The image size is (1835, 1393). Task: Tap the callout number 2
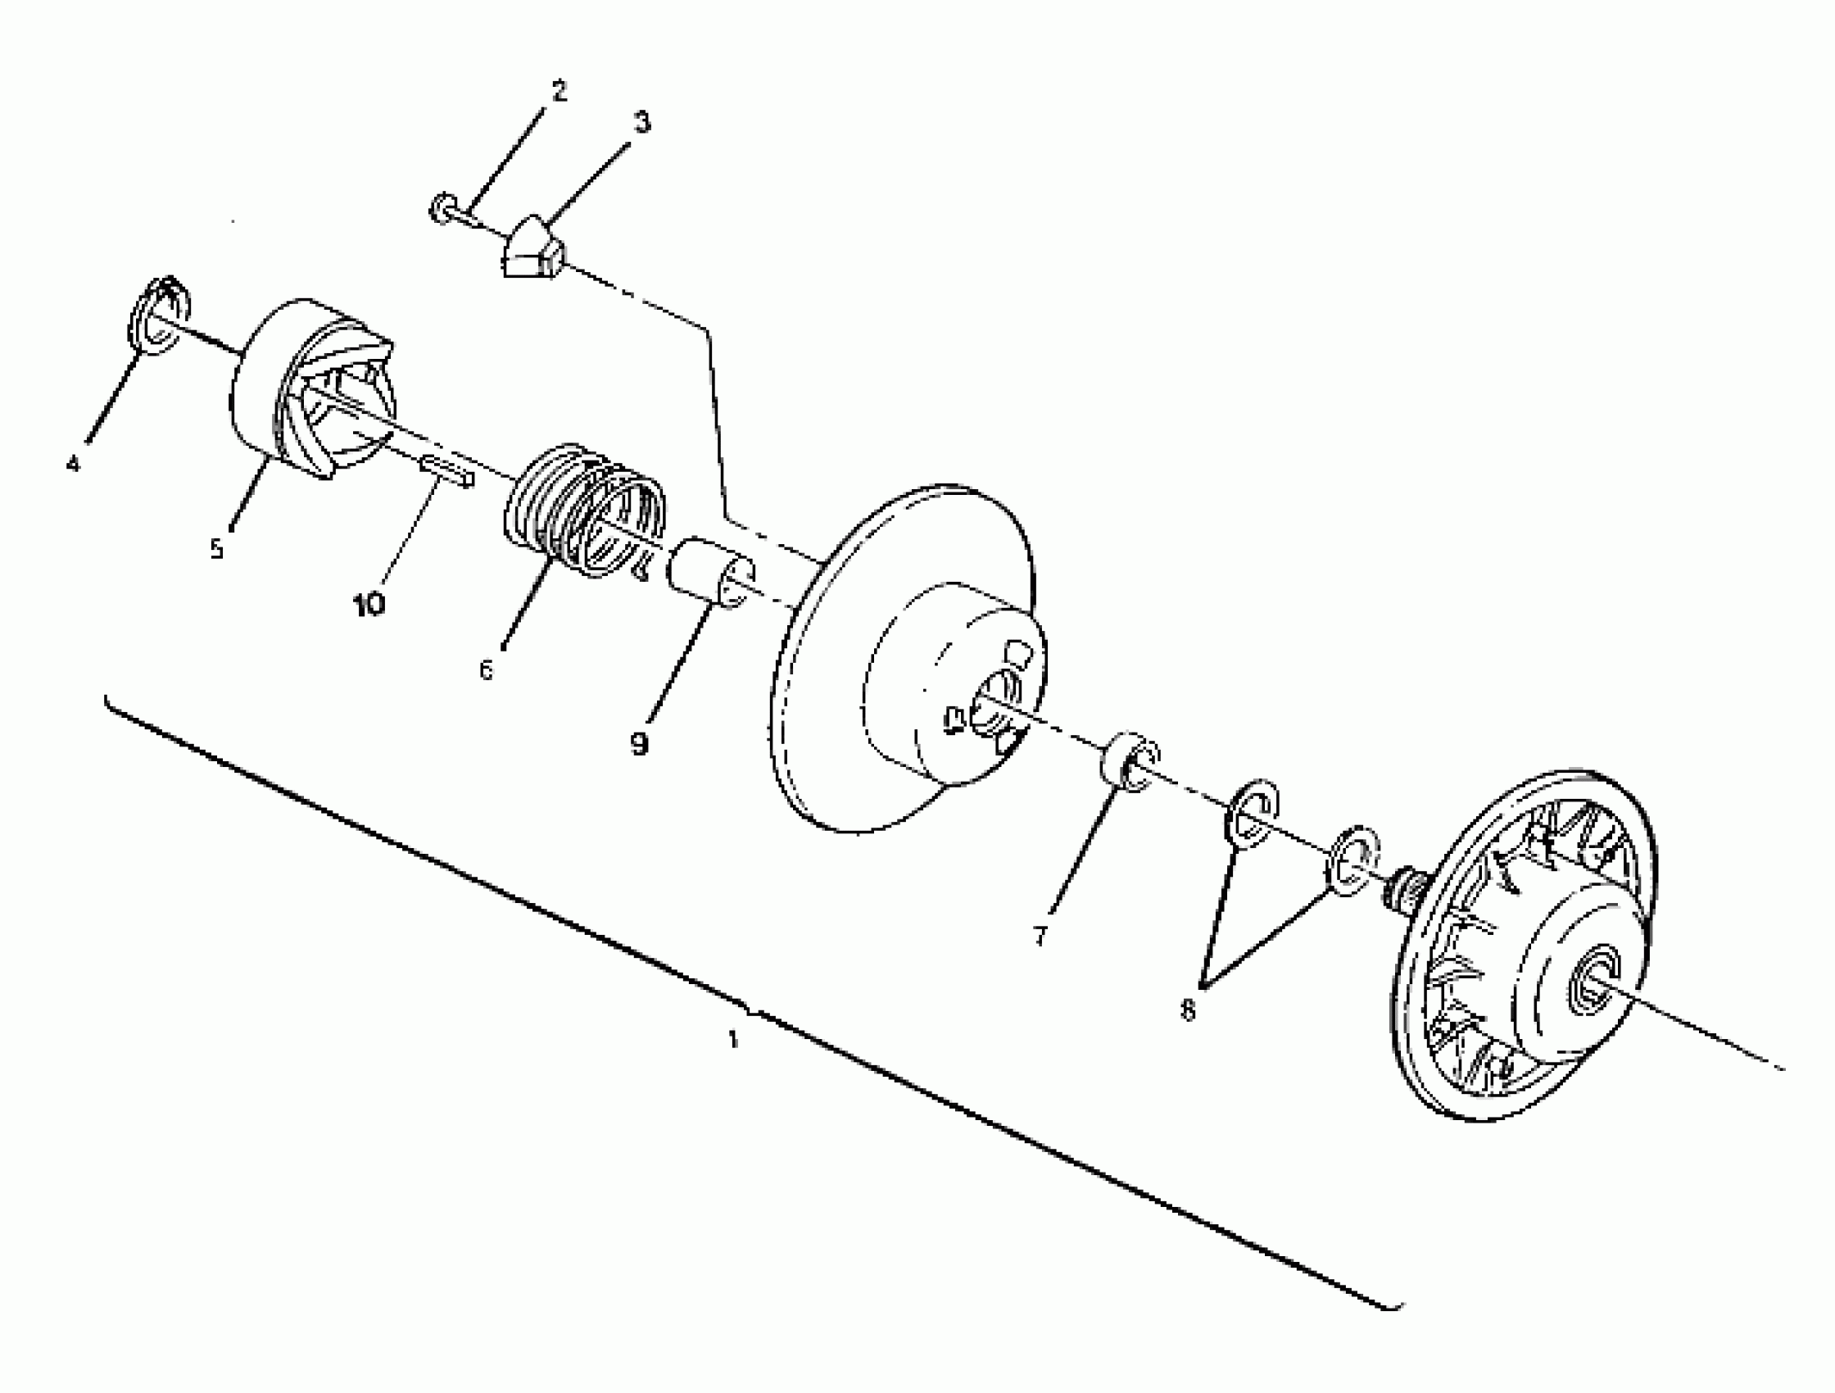tap(560, 90)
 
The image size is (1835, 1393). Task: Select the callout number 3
tap(642, 122)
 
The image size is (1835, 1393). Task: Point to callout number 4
tap(74, 463)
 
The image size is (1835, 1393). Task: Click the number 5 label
tap(216, 548)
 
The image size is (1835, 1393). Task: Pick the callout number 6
tap(486, 669)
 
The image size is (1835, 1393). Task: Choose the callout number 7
tap(1040, 936)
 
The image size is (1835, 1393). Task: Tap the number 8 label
tap(1188, 1010)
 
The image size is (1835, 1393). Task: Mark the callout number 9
tap(638, 743)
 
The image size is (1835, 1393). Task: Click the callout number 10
tap(369, 605)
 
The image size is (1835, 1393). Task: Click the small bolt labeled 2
tap(443, 208)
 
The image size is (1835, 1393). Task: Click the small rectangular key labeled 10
tap(448, 470)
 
